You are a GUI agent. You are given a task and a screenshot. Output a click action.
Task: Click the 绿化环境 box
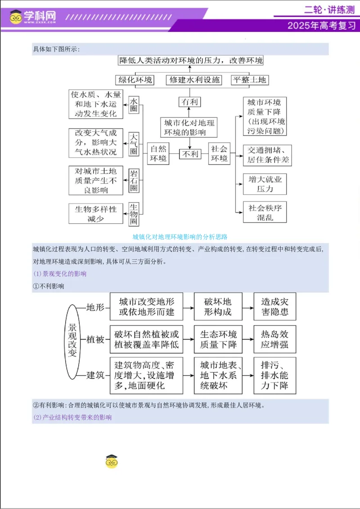click(135, 80)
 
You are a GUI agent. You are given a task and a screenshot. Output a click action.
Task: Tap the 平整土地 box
click(249, 80)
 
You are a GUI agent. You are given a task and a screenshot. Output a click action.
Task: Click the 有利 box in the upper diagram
click(189, 102)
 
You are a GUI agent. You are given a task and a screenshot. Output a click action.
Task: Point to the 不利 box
click(189, 154)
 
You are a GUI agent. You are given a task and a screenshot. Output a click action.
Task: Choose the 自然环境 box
click(158, 154)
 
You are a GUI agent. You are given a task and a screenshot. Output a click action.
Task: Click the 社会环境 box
click(220, 154)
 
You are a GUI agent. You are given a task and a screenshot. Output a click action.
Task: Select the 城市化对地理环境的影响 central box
click(189, 127)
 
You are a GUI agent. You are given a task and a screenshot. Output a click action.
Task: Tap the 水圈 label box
click(134, 105)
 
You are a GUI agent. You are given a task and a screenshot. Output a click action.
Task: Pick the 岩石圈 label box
click(134, 181)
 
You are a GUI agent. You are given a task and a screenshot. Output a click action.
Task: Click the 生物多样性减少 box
click(96, 214)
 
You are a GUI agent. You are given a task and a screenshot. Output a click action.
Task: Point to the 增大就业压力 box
click(265, 184)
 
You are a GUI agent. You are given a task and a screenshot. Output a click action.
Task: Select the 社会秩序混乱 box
click(265, 213)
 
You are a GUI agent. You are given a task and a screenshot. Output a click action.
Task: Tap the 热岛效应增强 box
click(274, 340)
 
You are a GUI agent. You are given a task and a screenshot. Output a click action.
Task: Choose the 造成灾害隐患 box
click(274, 307)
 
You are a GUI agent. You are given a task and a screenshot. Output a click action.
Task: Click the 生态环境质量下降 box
click(218, 340)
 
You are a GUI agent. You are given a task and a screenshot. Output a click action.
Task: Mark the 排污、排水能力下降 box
click(274, 375)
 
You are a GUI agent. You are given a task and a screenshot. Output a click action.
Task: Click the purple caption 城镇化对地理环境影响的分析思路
click(180, 237)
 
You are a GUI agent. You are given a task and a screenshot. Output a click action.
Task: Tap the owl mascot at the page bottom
click(111, 461)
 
